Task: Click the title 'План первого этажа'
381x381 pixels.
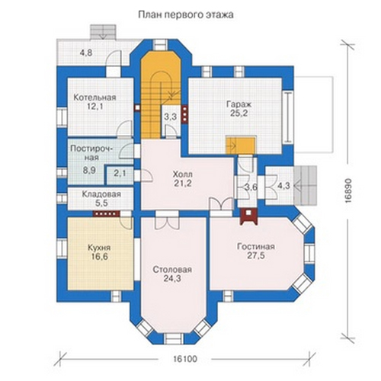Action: click(186, 14)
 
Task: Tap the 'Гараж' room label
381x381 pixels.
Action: click(239, 104)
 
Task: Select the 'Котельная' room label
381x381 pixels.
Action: click(94, 98)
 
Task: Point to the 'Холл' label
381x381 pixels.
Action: click(183, 174)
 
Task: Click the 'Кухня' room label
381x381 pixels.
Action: click(99, 248)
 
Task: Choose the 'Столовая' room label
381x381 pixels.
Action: click(172, 270)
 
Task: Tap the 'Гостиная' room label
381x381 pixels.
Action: click(256, 247)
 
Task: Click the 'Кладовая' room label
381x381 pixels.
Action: click(101, 194)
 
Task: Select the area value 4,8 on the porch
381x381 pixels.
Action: click(86, 53)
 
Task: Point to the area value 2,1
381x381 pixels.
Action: click(120, 174)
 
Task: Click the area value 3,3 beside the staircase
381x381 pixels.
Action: click(170, 117)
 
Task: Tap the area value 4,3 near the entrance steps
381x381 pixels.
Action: click(283, 186)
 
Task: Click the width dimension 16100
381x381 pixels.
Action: click(185, 359)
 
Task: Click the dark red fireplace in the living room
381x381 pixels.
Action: click(248, 216)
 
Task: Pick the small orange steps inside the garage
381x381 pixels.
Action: click(240, 146)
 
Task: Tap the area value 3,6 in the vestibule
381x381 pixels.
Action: click(251, 187)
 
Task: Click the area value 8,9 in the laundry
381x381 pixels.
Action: click(89, 170)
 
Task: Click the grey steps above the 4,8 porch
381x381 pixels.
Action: click(103, 32)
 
